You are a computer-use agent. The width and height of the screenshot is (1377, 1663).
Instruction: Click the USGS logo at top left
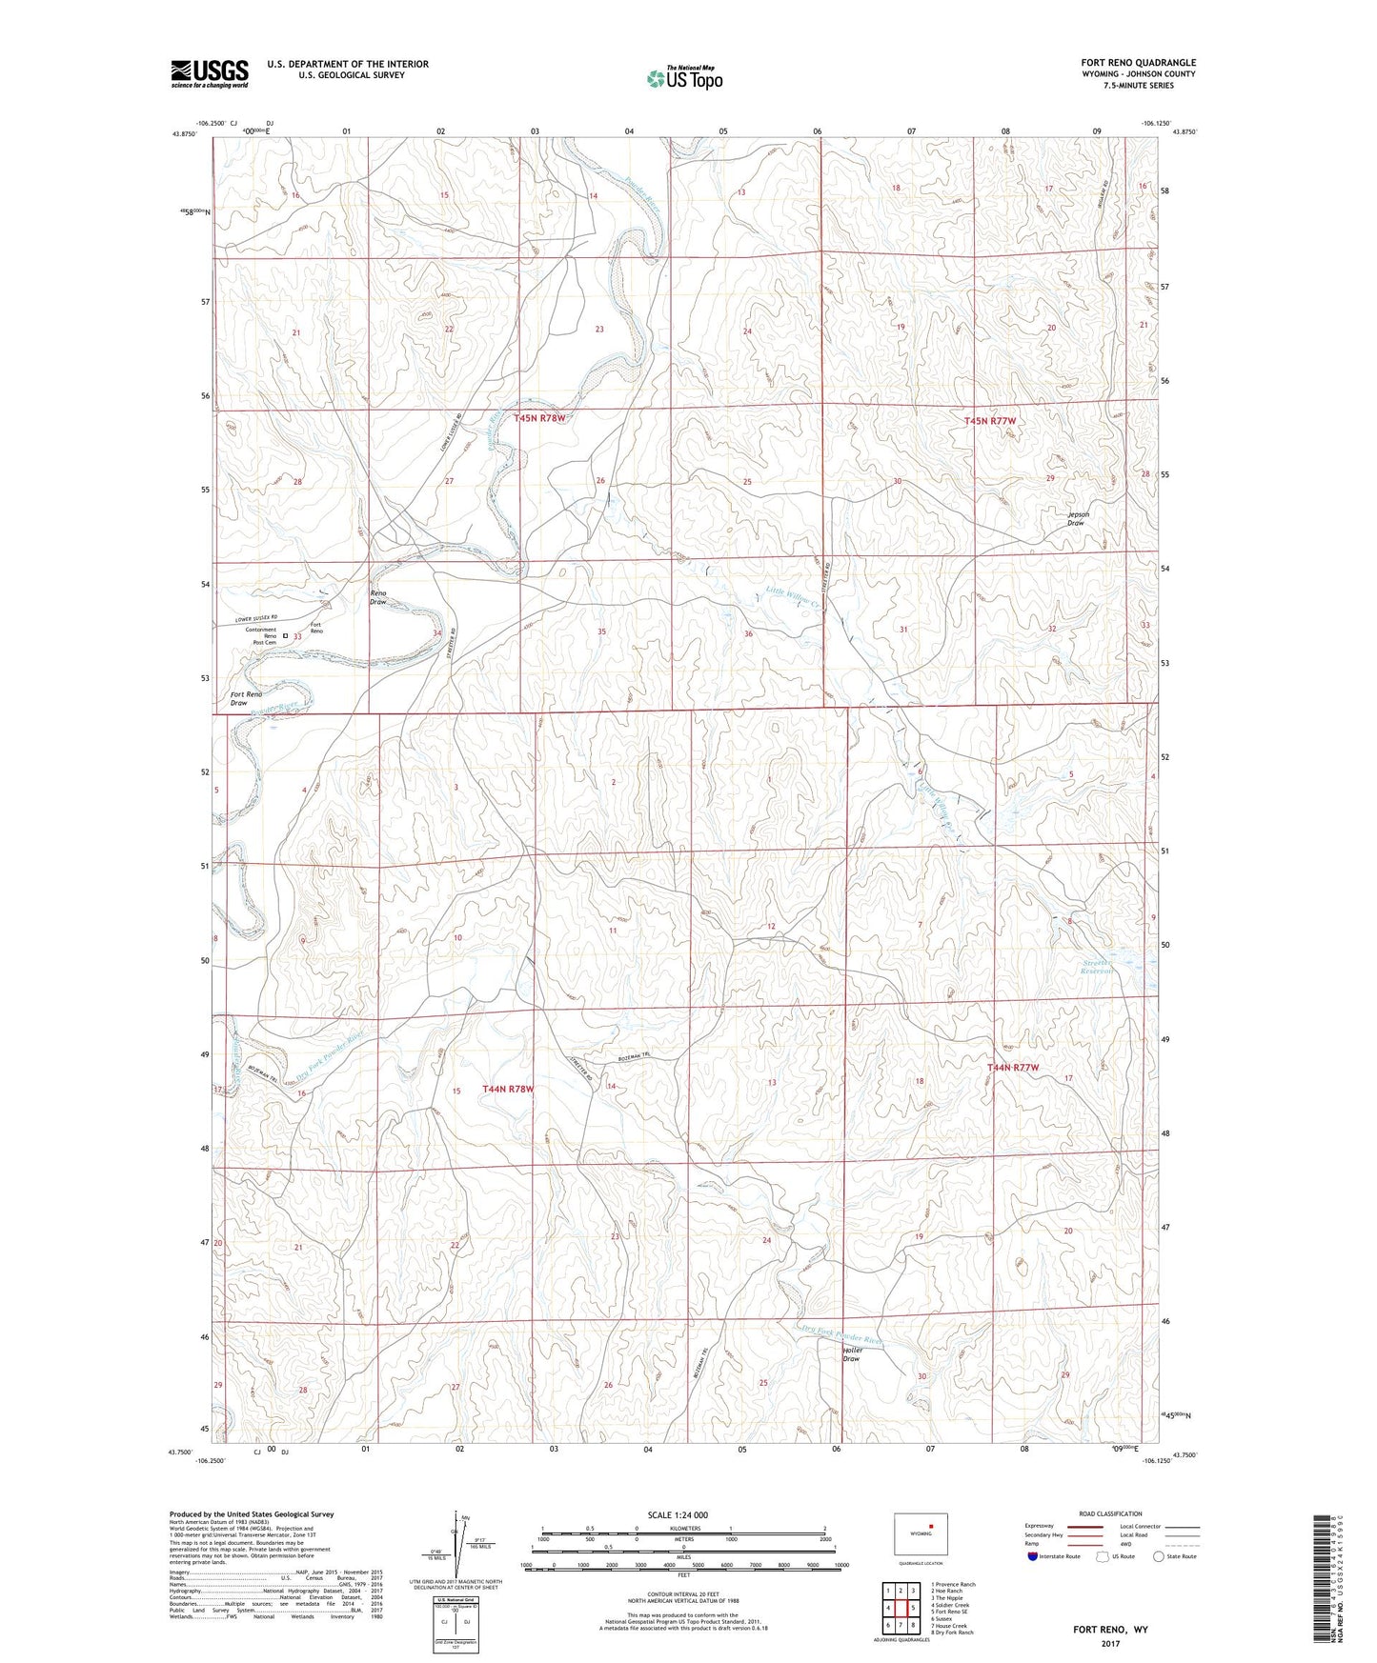click(x=210, y=73)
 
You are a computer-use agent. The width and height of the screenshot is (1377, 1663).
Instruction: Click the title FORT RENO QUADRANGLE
click(x=1138, y=63)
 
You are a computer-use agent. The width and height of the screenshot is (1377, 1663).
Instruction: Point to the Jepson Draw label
click(x=1078, y=518)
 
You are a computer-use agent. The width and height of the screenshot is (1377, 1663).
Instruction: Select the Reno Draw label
click(x=378, y=597)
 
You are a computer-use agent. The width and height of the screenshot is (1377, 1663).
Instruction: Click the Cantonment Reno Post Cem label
click(x=260, y=635)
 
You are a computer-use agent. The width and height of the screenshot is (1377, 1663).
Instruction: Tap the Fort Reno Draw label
click(x=246, y=698)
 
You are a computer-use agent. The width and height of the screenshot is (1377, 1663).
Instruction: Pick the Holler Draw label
click(x=853, y=1354)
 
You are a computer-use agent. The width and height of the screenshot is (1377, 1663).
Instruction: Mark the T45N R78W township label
click(x=540, y=418)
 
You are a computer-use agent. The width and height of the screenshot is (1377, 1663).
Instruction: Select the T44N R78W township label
click(x=508, y=1088)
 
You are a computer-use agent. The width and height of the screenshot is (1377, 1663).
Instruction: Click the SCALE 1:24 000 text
click(x=677, y=1514)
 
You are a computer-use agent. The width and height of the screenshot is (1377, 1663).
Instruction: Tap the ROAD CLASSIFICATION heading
click(x=1111, y=1513)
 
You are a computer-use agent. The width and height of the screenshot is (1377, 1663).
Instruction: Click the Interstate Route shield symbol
click(x=1033, y=1556)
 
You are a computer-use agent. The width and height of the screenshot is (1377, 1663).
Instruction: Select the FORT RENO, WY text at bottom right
click(x=1110, y=1630)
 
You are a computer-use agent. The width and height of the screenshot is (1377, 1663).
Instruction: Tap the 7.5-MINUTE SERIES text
click(x=1162, y=86)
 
